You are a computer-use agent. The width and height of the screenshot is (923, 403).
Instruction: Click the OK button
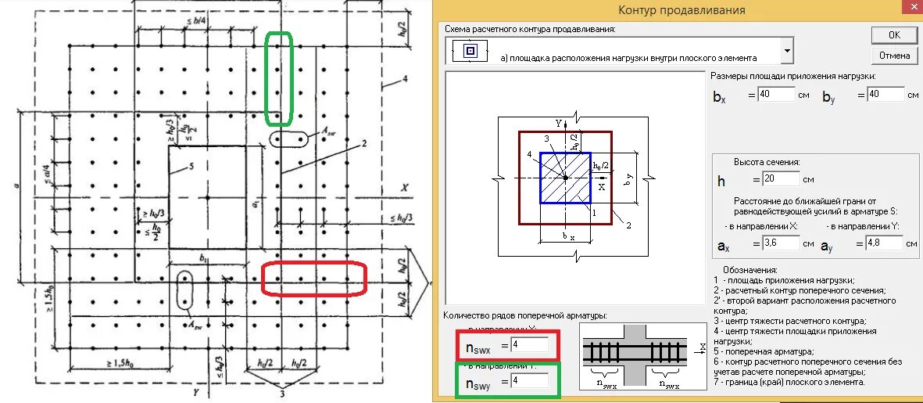point(894,34)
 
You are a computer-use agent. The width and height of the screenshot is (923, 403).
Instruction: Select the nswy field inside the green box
point(529,382)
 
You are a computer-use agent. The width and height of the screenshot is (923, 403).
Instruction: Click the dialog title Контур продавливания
point(682,10)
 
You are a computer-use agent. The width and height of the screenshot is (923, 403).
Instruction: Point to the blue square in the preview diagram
point(564,178)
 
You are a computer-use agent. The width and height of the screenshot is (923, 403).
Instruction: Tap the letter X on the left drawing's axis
point(405,189)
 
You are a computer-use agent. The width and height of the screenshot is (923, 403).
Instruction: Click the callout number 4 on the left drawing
point(406,79)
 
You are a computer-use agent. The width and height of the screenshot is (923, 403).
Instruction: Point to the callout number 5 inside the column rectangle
point(189,166)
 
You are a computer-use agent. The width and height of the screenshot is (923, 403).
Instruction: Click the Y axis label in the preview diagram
point(559,123)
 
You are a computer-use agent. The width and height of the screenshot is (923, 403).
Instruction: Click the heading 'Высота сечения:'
point(766,162)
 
